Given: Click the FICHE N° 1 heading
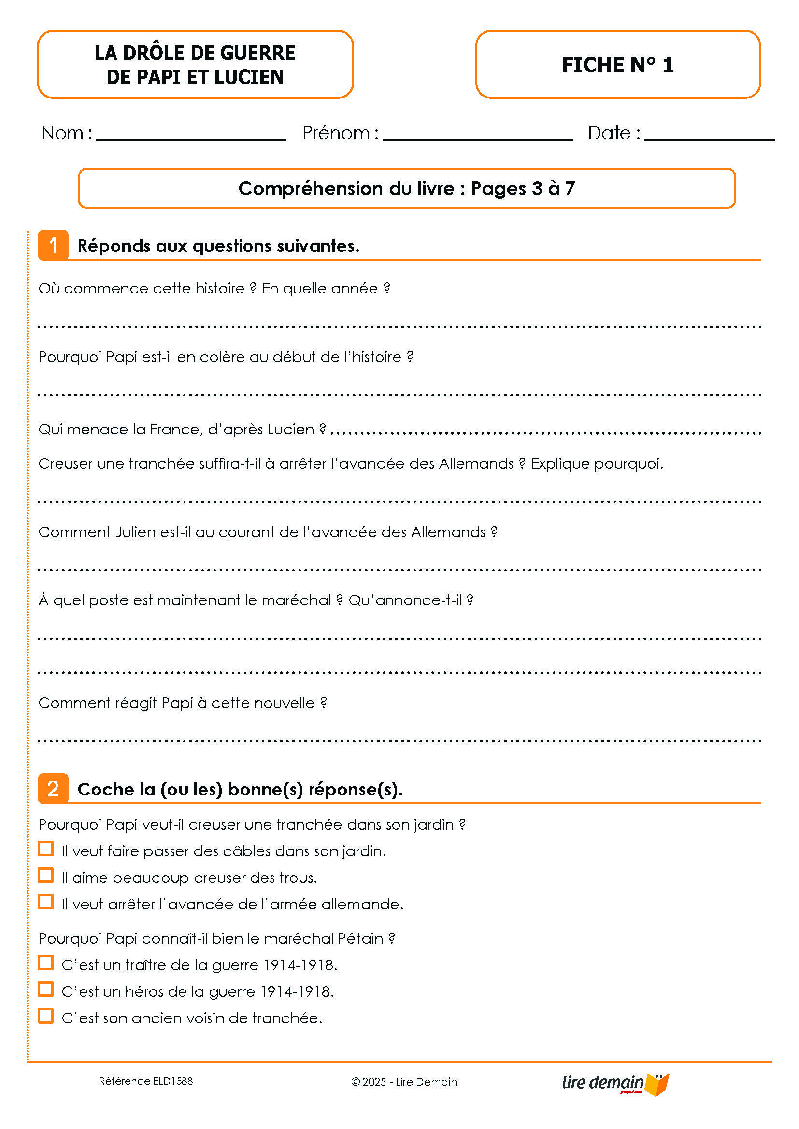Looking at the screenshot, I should click(x=617, y=65).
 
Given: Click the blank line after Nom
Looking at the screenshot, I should click(x=191, y=138).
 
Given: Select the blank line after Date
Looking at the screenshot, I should click(x=709, y=138).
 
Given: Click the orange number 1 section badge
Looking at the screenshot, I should click(x=53, y=245).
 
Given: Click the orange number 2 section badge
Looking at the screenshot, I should click(x=53, y=789).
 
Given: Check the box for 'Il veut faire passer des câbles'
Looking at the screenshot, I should click(x=46, y=849).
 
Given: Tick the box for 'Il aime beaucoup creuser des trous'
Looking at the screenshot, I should click(x=46, y=876).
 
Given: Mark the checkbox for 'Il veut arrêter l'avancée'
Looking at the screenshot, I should click(x=46, y=902).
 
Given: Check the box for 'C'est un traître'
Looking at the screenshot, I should click(x=46, y=963).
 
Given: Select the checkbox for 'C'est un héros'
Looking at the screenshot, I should click(x=46, y=990).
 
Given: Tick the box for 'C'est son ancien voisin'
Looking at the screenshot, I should click(x=46, y=1017).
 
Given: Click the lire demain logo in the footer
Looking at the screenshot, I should click(x=615, y=1083).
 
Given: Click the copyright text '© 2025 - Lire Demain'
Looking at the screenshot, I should click(x=404, y=1082).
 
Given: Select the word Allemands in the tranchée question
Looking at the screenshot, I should click(x=476, y=464).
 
